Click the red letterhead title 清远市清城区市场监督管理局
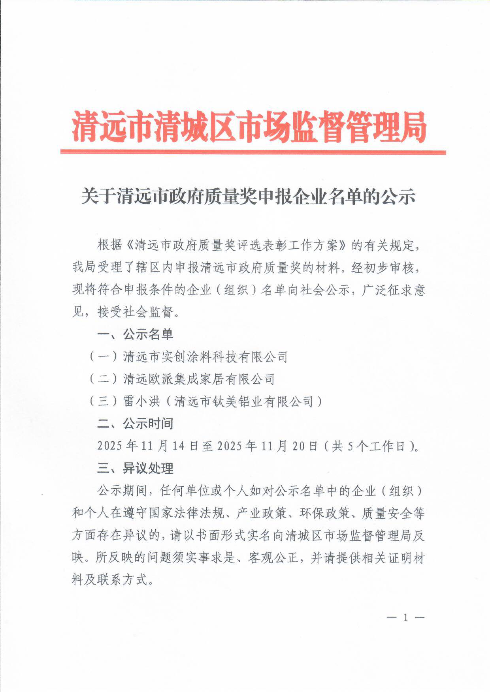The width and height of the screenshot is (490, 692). [249, 127]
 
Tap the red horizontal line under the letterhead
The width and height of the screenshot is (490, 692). [253, 152]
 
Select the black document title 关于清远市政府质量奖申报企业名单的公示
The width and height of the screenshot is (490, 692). [248, 197]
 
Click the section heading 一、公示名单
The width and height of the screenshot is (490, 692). [135, 334]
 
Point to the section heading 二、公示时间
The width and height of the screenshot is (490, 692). [135, 424]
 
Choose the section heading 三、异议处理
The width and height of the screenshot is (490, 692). [135, 469]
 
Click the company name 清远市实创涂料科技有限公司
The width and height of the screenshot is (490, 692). [205, 357]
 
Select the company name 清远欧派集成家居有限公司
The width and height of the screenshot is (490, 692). [199, 379]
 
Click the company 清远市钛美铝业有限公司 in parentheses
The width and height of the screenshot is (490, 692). [244, 401]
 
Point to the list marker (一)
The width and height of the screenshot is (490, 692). [103, 357]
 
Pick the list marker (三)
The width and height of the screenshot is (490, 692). [103, 401]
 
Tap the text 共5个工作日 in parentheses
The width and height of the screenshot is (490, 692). [369, 446]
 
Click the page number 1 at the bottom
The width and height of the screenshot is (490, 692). [405, 618]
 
